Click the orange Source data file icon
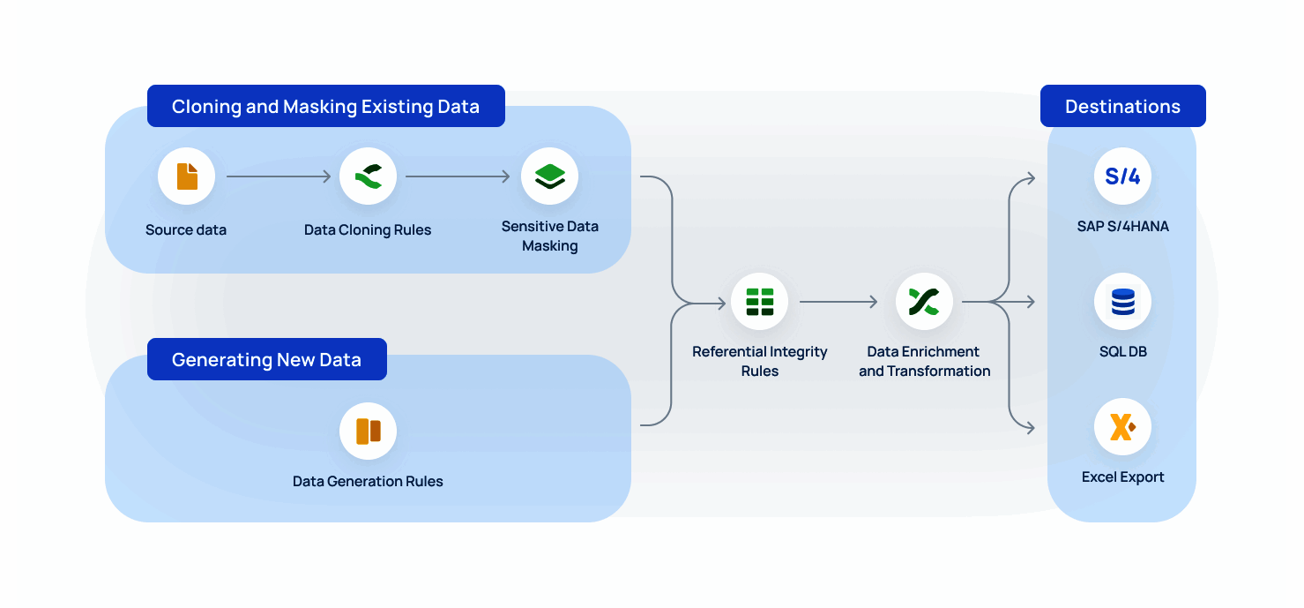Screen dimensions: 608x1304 pyautogui.click(x=187, y=176)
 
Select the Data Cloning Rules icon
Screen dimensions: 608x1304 pyautogui.click(x=368, y=176)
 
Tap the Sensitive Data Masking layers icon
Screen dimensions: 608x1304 pyautogui.click(x=549, y=176)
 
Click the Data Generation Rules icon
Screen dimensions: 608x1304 pyautogui.click(x=368, y=431)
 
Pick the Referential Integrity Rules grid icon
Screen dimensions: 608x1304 pyautogui.click(x=759, y=302)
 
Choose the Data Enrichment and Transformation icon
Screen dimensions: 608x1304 pyautogui.click(x=924, y=302)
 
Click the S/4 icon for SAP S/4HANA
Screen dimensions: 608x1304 pyautogui.click(x=1122, y=176)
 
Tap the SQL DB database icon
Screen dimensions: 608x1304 pyautogui.click(x=1122, y=302)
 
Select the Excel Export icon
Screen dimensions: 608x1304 pyautogui.click(x=1122, y=427)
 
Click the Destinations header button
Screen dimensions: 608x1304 pyautogui.click(x=1122, y=107)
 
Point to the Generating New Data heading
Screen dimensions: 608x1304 pyautogui.click(x=266, y=360)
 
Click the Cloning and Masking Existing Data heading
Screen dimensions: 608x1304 pyautogui.click(x=325, y=107)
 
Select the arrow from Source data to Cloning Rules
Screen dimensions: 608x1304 pyautogui.click(x=278, y=176)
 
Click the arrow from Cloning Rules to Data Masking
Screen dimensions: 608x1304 pyautogui.click(x=458, y=176)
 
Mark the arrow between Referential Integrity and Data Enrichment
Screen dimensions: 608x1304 pyautogui.click(x=838, y=302)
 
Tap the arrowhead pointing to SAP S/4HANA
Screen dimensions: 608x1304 pyautogui.click(x=1030, y=177)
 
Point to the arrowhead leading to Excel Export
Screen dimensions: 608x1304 pyautogui.click(x=1030, y=428)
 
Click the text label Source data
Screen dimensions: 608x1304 pyautogui.click(x=186, y=230)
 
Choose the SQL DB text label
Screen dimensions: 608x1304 pyautogui.click(x=1122, y=352)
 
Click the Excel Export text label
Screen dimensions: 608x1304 pyautogui.click(x=1122, y=477)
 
